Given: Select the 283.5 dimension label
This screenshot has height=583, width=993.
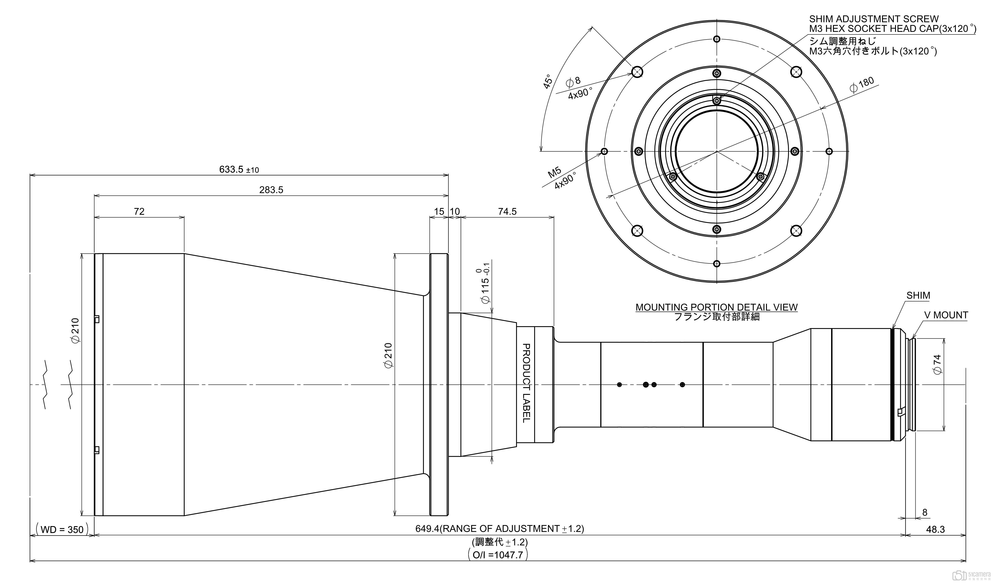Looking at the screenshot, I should (x=271, y=190).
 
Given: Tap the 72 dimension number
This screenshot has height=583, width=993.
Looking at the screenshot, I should (x=139, y=212).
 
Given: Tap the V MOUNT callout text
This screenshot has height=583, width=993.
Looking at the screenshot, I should (x=946, y=315).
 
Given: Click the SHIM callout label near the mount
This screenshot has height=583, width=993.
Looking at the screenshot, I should (x=918, y=296).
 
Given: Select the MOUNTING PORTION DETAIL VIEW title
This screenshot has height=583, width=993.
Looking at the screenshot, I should (x=716, y=307).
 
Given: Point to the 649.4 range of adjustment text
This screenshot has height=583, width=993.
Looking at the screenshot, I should (x=499, y=529).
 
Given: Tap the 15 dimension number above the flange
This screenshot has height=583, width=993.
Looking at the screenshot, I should (x=439, y=212).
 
